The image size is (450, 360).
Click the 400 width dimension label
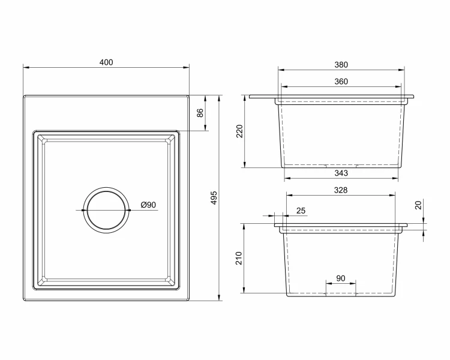(106, 62)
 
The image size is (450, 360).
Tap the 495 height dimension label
(214, 198)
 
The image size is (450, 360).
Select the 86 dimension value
(200, 113)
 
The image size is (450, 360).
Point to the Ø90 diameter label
(148, 205)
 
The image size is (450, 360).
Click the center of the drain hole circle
(106, 210)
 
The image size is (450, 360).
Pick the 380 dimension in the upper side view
(341, 65)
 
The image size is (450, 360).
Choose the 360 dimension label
(341, 82)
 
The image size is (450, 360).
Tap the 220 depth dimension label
(239, 131)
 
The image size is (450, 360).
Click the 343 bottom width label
(341, 173)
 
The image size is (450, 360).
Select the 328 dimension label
(341, 190)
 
